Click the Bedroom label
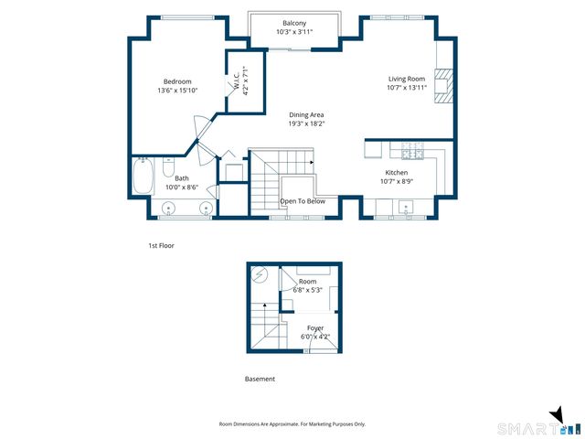coord(177,81)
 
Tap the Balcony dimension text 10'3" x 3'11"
coord(294,32)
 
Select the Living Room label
coord(407,79)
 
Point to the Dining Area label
coord(306,115)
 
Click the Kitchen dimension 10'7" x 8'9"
coord(397,182)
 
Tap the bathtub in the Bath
coord(144,176)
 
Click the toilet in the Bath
coord(168,166)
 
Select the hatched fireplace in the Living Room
coord(444,85)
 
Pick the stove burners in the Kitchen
coord(412,150)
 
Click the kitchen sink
coord(406,207)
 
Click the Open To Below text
coord(303,201)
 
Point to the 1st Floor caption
coord(162,246)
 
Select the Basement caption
coord(260,379)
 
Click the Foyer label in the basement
coord(315,328)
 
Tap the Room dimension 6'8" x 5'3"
coord(308,290)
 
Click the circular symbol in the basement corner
coord(260,275)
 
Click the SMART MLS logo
coord(540,423)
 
